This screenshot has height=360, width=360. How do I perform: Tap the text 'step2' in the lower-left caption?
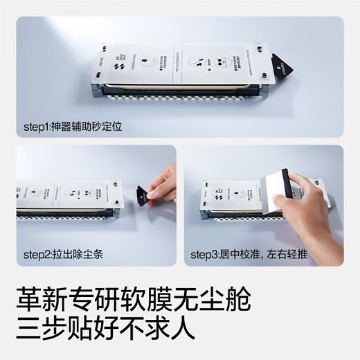(x=37, y=253)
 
